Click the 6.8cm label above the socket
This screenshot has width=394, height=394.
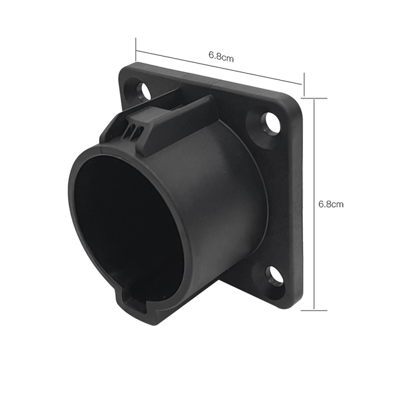221,57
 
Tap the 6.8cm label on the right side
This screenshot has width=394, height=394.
331,204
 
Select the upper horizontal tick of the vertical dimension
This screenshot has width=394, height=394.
315,97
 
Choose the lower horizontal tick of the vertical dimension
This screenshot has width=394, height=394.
315,310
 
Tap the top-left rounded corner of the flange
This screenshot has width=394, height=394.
126,68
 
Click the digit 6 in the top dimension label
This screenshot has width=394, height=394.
212,55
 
